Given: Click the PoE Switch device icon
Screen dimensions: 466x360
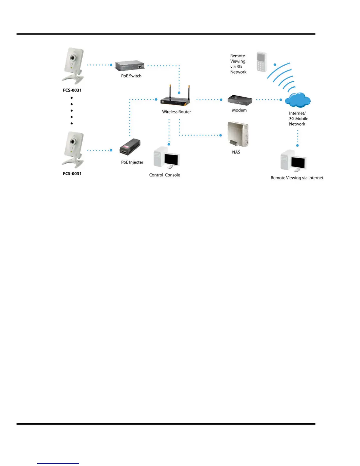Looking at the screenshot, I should (130, 66).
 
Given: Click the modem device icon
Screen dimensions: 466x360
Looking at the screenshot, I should (240, 100).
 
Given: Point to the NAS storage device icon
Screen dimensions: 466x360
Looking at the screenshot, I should (238, 134).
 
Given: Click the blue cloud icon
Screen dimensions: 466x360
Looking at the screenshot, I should (298, 100).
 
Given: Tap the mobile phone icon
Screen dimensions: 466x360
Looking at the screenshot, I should (261, 62).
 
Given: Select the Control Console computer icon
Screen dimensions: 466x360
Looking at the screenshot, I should (166, 158).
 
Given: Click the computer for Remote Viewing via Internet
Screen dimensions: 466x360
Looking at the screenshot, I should (294, 161).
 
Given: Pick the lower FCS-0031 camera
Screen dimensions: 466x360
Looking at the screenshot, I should (73, 150).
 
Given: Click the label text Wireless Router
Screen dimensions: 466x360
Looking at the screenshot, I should (176, 112).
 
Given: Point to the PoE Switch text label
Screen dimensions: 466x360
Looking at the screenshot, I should (131, 76).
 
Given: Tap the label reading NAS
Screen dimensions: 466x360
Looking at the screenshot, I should (236, 152).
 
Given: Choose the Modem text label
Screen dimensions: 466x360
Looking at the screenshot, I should (239, 110).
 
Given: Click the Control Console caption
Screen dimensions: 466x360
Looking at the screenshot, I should (164, 175).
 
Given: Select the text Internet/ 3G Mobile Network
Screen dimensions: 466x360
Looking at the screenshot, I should (298, 119).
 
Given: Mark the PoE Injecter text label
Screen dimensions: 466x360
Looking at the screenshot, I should (132, 162).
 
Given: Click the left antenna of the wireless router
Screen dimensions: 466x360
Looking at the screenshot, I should (170, 92).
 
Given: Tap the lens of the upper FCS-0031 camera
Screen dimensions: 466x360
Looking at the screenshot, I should (72, 58).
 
